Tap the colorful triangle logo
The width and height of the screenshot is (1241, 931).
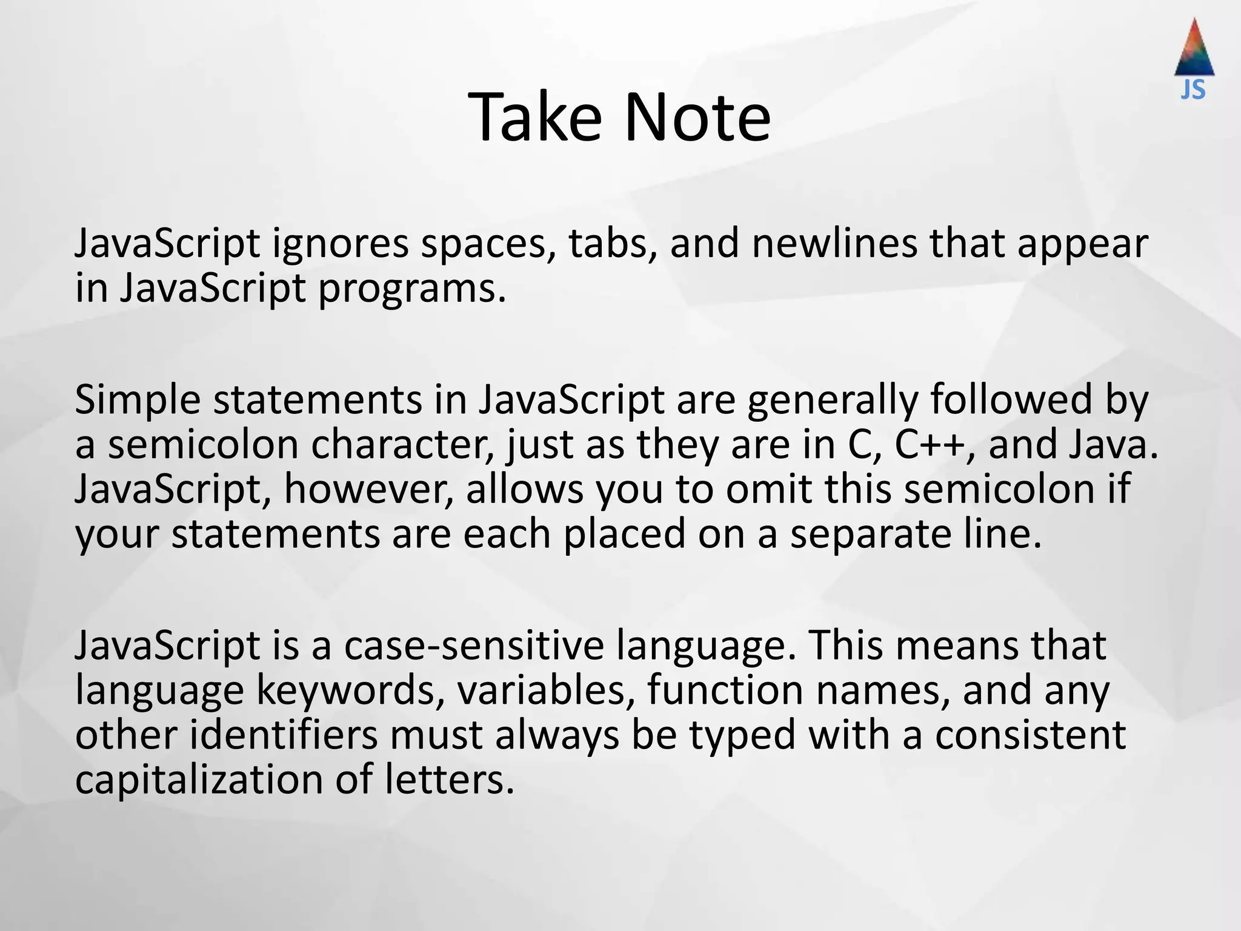point(1194,48)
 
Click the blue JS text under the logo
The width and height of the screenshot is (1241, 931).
point(1193,90)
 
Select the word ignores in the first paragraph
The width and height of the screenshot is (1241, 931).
point(340,244)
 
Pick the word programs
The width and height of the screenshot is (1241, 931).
point(411,290)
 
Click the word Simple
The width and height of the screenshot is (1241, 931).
point(137,400)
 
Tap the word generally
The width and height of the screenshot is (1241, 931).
point(833,401)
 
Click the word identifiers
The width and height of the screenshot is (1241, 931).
point(284,735)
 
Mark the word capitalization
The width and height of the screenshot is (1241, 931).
point(199,780)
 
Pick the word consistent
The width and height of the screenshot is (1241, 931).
point(1030,735)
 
